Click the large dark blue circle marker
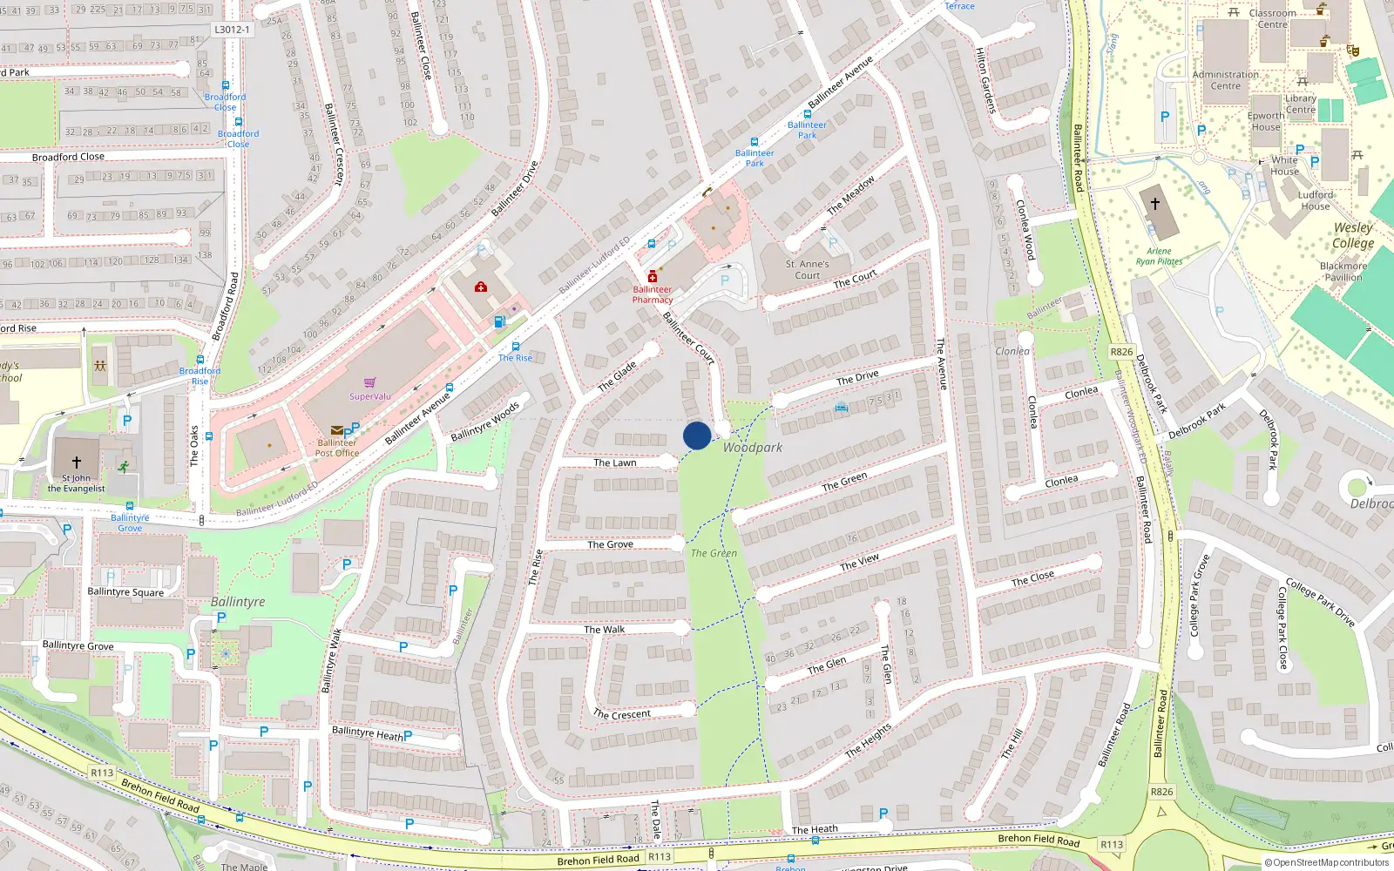click(x=697, y=435)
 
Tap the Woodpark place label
click(x=753, y=448)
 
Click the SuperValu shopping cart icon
click(x=370, y=382)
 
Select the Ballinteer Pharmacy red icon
click(x=652, y=277)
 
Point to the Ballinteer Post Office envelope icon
click(x=336, y=430)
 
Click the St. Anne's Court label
click(x=807, y=269)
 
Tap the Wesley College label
click(x=1353, y=235)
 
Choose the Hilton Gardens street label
click(x=985, y=80)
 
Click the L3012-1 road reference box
click(x=232, y=30)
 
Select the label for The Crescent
click(x=622, y=714)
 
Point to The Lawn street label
click(x=615, y=463)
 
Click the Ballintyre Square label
click(x=125, y=592)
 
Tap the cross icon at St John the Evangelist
click(x=77, y=462)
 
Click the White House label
click(x=1284, y=165)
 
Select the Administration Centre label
click(x=1225, y=80)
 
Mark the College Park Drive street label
click(x=1321, y=602)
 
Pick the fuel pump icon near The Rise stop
click(x=500, y=321)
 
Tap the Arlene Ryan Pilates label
click(x=1159, y=256)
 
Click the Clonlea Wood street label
click(x=1025, y=230)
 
